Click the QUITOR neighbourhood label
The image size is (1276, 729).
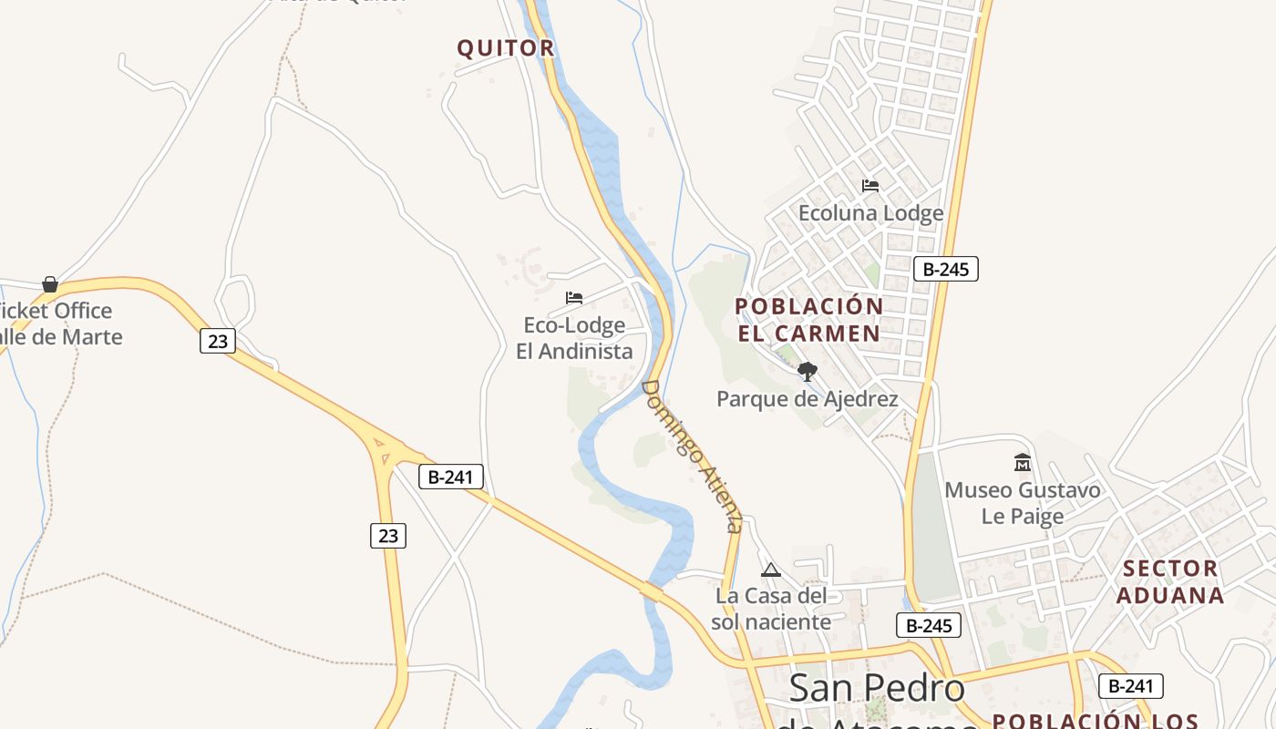(506, 48)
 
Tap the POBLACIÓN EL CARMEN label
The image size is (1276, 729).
(808, 319)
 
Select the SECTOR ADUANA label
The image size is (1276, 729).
(1170, 581)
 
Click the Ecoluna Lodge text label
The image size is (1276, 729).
(870, 213)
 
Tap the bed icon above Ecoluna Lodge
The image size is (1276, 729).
(870, 186)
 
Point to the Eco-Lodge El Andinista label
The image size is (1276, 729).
(574, 338)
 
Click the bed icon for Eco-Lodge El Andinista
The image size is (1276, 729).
(574, 298)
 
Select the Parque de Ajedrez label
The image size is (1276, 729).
(807, 399)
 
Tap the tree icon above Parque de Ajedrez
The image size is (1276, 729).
(807, 372)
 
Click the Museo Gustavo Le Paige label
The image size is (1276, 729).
(1022, 503)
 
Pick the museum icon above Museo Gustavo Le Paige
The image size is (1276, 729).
(1022, 463)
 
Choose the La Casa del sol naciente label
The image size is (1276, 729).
(771, 609)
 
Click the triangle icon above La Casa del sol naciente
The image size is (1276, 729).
(771, 570)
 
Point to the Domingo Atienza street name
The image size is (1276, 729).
(692, 456)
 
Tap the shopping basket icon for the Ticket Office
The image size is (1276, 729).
(50, 284)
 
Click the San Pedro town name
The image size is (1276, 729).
(877, 688)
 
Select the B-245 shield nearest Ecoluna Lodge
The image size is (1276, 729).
(945, 269)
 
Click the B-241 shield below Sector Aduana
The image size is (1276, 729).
(1130, 686)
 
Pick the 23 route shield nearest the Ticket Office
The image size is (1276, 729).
(217, 341)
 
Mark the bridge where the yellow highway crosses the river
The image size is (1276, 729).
(652, 591)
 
